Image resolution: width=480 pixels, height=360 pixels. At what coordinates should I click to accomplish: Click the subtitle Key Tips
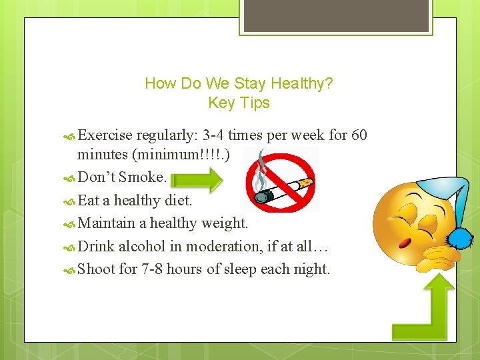[x=239, y=103]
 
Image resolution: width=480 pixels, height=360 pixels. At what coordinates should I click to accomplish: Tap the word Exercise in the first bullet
[x=105, y=136]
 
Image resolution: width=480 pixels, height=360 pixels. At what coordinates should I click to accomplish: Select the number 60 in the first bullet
[x=359, y=136]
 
